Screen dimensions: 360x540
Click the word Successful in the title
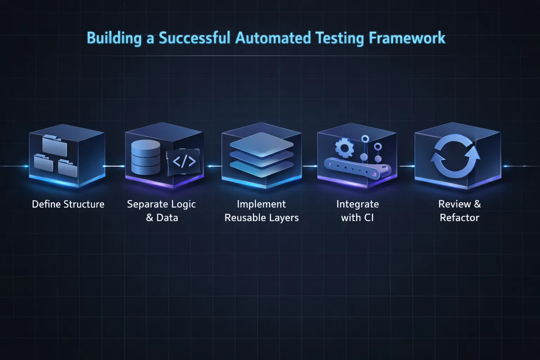point(194,38)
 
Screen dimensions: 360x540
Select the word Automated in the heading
point(273,38)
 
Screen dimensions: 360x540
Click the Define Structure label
point(68,204)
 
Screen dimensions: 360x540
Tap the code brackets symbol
point(184,162)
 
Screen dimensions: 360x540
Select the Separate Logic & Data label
point(161,211)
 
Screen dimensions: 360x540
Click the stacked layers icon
point(261,150)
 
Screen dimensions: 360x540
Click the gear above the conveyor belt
point(344,148)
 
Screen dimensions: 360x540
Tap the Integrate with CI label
point(357,211)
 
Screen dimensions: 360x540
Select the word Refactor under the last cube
point(459,218)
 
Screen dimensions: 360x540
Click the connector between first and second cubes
point(115,166)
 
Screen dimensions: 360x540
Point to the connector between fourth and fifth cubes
point(406,166)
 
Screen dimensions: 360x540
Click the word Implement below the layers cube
point(261,204)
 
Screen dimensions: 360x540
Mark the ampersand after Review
point(477,204)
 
